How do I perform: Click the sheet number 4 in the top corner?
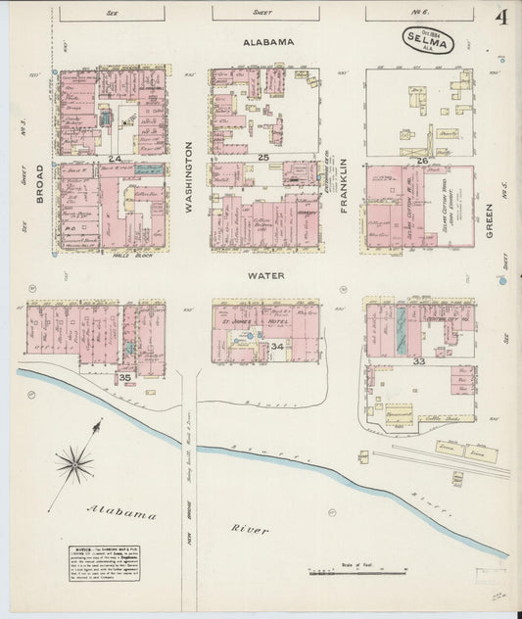pos(500,18)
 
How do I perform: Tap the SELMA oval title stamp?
pos(425,42)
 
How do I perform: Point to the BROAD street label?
pos(40,183)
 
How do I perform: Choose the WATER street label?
pos(265,276)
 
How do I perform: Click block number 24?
pos(115,158)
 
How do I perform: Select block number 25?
pos(262,158)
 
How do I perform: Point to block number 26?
pos(422,160)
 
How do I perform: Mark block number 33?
pos(420,361)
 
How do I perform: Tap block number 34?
pos(277,347)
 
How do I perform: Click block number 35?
pos(124,377)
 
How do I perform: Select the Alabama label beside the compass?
pos(121,512)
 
